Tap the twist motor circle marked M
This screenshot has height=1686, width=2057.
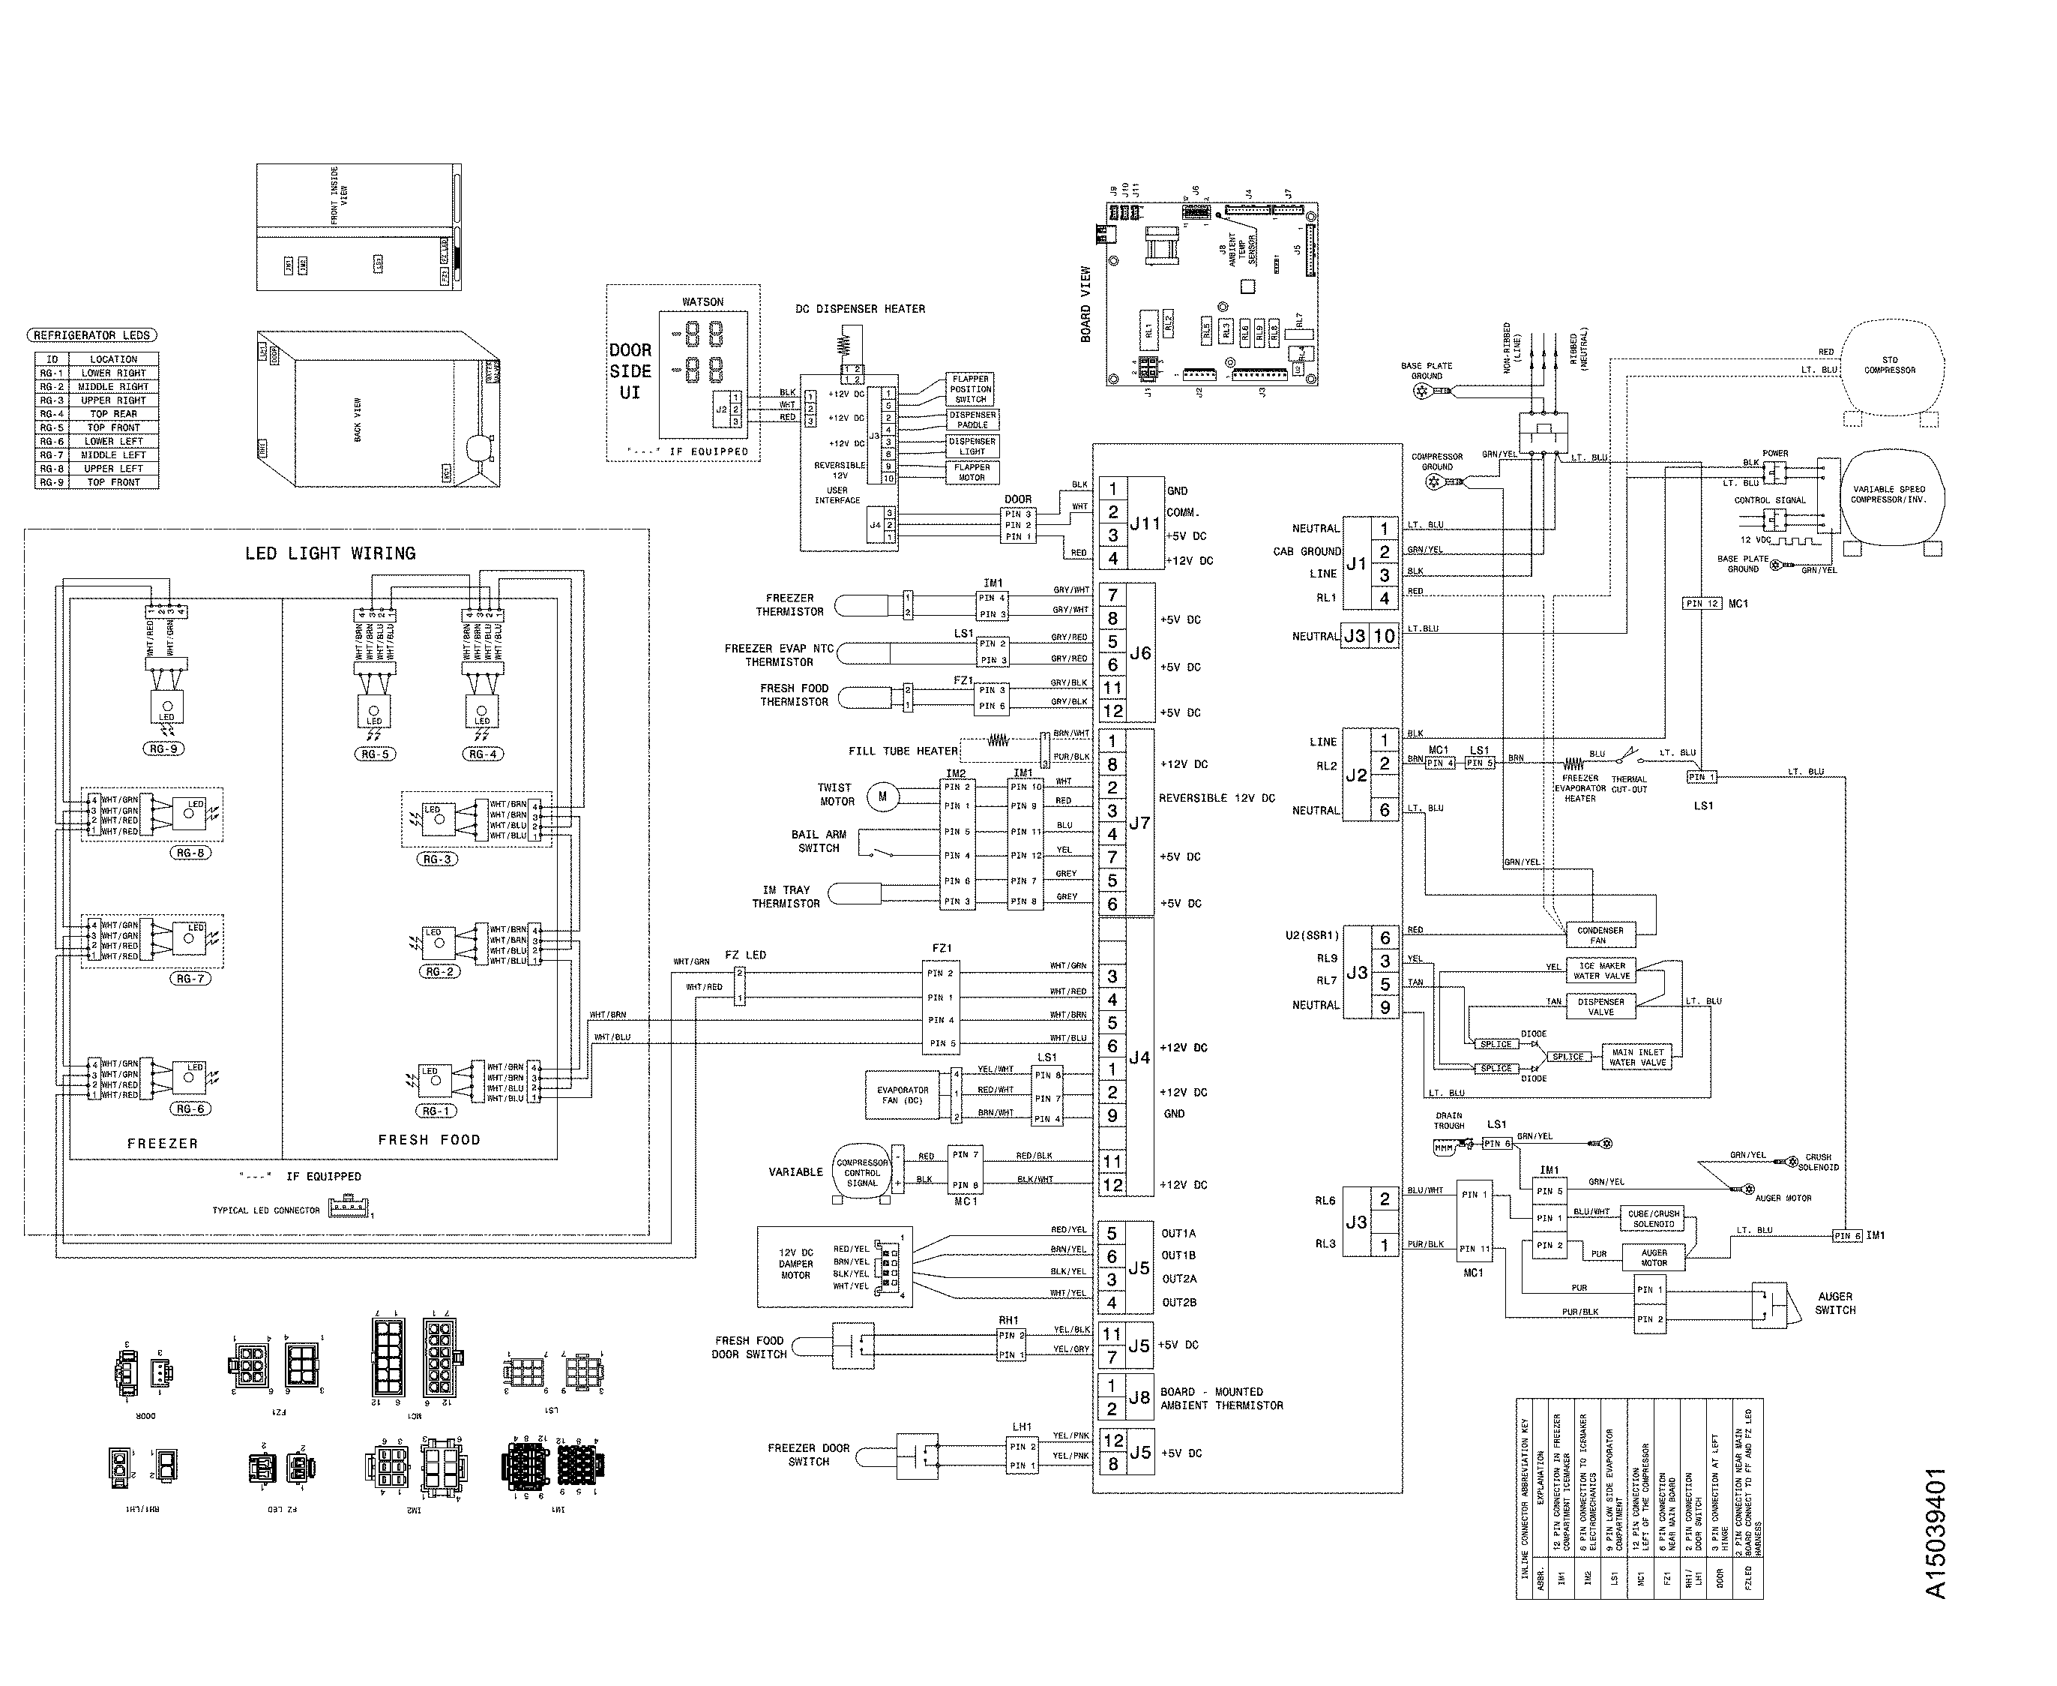point(882,796)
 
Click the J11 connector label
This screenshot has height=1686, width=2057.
point(1145,523)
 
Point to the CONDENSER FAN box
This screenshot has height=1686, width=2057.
point(1600,934)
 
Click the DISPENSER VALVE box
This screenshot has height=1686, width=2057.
point(1600,1006)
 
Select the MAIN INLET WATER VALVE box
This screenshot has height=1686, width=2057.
point(1638,1057)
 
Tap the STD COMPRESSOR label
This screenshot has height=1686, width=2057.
point(1889,365)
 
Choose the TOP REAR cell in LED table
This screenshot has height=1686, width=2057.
point(114,414)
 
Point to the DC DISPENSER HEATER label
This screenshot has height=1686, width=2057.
point(860,309)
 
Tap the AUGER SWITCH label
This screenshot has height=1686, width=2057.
point(1834,1303)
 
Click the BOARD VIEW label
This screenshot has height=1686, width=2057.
point(1086,304)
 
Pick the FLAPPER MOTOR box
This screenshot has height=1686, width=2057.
point(971,472)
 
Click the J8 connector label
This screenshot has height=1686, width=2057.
point(1139,1397)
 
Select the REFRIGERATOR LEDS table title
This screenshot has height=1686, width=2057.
point(92,335)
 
